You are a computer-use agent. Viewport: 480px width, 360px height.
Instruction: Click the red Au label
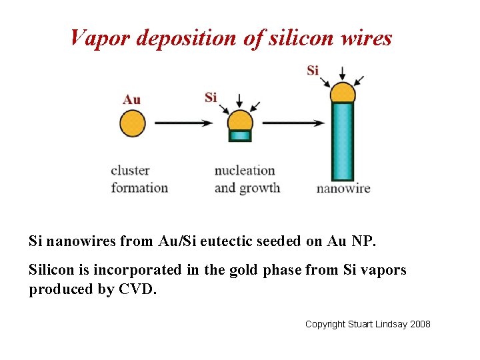coord(131,100)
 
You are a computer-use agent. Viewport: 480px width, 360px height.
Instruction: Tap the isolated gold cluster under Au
coord(132,123)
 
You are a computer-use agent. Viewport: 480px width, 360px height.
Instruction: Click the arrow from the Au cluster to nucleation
coord(183,123)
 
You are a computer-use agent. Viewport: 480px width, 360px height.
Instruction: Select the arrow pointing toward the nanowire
coord(293,123)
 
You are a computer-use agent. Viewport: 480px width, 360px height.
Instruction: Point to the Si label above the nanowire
coord(313,70)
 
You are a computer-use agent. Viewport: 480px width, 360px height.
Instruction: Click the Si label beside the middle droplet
coord(211,97)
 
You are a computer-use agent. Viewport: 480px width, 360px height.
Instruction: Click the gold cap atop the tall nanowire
coord(342,93)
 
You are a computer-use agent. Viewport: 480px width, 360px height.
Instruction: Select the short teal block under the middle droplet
coord(240,135)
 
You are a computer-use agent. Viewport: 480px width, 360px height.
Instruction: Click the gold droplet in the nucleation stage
coord(240,121)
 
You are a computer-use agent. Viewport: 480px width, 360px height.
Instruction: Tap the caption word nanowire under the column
coord(343,189)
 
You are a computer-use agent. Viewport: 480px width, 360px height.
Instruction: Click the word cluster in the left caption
coord(130,171)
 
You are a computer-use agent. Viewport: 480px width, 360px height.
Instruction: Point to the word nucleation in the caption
coord(245,171)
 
